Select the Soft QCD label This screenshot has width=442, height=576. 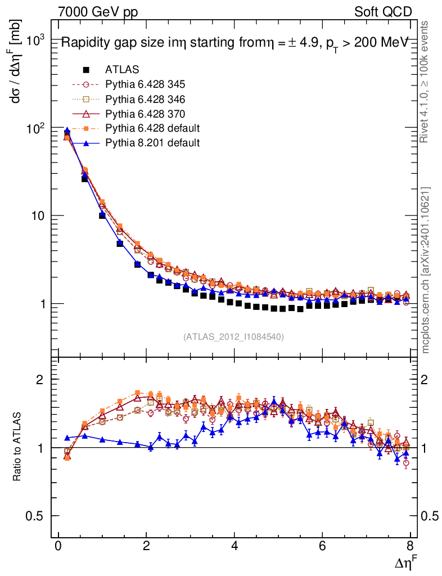382,12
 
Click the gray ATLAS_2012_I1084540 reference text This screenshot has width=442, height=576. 233,337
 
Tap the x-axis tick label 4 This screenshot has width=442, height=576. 234,546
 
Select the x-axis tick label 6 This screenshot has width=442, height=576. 322,546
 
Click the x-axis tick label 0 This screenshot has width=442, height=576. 58,546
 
